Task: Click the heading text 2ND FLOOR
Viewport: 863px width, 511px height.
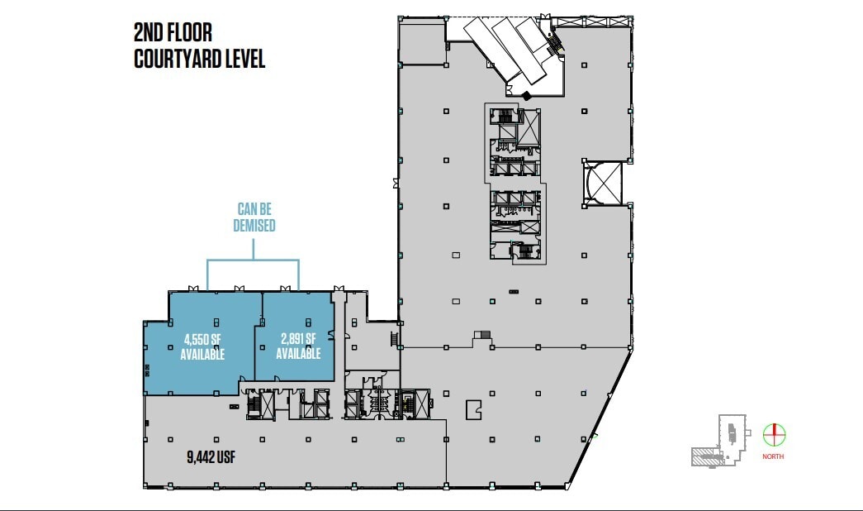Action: click(x=173, y=33)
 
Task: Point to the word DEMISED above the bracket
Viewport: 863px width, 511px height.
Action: click(x=254, y=226)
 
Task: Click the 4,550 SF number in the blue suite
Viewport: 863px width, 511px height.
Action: click(x=202, y=339)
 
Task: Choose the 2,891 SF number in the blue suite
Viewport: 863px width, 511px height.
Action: click(x=298, y=339)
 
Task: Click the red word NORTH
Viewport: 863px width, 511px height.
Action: click(x=774, y=457)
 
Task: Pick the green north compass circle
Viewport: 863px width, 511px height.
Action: click(x=775, y=434)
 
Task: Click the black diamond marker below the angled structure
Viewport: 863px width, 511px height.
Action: click(x=527, y=96)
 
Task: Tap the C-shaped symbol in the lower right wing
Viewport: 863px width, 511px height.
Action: click(x=473, y=409)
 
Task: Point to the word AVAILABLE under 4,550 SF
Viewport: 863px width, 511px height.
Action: click(x=202, y=354)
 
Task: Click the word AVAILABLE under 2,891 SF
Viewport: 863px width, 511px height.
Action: click(x=298, y=354)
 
